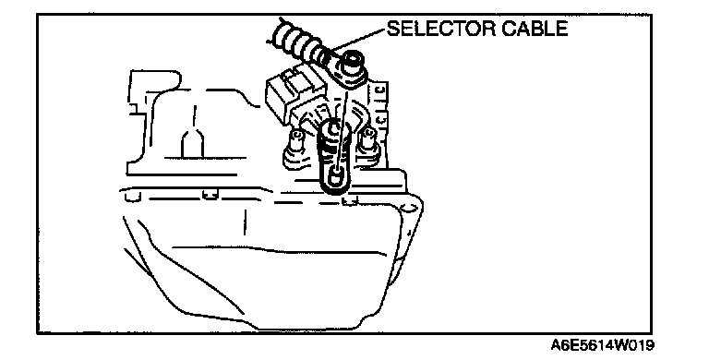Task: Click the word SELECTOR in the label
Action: [x=437, y=29]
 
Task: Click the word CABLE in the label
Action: [x=530, y=29]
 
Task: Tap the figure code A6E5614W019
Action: [x=602, y=346]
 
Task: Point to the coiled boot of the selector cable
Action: [x=301, y=42]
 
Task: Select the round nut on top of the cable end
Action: [x=354, y=63]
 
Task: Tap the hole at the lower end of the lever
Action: [x=334, y=177]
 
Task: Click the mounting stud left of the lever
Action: [x=296, y=141]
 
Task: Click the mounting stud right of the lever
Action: [x=368, y=139]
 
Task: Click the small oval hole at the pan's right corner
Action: [x=410, y=208]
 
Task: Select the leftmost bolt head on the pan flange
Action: [x=132, y=196]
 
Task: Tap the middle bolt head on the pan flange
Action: [x=210, y=195]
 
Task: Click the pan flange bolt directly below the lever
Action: [x=350, y=199]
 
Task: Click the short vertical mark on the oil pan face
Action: [x=245, y=222]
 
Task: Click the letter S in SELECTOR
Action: [x=394, y=29]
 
